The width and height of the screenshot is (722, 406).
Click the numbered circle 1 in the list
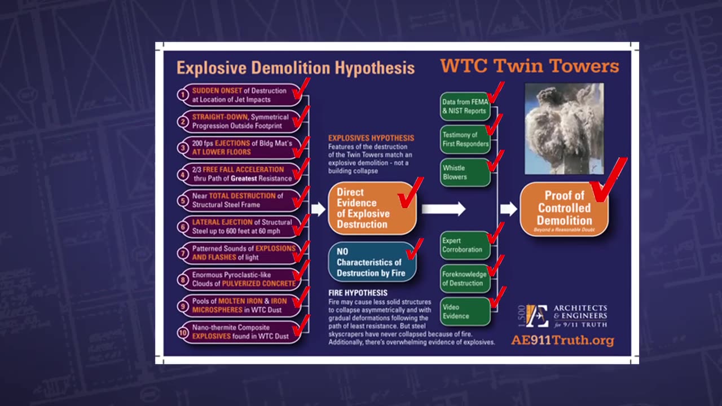pos(183,95)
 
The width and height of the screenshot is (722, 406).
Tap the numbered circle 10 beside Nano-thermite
pos(183,332)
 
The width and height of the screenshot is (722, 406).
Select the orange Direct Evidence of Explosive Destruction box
pos(372,208)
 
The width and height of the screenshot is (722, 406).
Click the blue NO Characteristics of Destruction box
pos(372,262)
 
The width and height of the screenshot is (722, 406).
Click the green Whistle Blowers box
pos(465,173)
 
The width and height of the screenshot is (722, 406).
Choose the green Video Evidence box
pos(465,312)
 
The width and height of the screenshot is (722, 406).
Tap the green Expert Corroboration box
pos(465,245)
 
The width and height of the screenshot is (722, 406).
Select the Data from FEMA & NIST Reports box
pos(465,107)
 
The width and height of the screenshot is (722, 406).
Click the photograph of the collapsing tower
pos(563,129)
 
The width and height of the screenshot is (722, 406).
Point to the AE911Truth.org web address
pos(562,341)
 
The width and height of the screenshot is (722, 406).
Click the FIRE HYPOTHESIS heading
pos(358,293)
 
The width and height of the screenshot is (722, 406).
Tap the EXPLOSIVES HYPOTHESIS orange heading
pos(371,138)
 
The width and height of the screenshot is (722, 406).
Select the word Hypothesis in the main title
pos(375,68)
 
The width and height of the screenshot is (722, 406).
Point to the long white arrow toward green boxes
pos(443,209)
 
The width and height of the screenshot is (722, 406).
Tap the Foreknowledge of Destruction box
pos(465,279)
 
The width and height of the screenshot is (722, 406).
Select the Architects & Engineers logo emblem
pos(536,316)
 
